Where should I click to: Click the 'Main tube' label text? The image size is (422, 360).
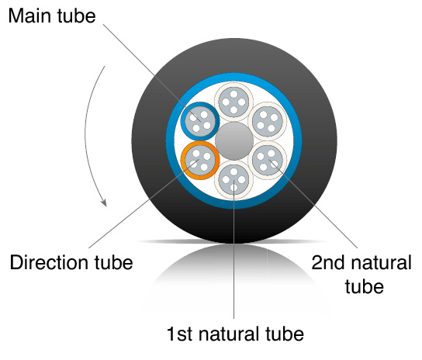coord(52,16)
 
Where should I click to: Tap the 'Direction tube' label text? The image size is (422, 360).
coord(71,262)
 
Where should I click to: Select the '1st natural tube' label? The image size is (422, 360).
coord(236,334)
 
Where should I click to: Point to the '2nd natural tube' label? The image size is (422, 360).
coord(361,274)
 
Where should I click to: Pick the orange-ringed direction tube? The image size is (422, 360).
coord(200,160)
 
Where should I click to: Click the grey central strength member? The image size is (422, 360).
coord(234,140)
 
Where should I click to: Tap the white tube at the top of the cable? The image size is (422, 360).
coord(233,102)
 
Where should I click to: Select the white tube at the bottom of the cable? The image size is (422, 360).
coord(233,179)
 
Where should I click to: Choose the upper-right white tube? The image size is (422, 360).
coord(268,122)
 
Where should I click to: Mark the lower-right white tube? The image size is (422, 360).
coord(268,160)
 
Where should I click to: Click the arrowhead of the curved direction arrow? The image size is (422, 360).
coord(104,202)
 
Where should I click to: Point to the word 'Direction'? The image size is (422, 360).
coord(49,262)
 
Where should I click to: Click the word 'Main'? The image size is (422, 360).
coord(29,16)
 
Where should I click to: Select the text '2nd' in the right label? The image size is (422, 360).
coord(327,262)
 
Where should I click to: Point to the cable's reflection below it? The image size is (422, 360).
coord(234,272)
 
